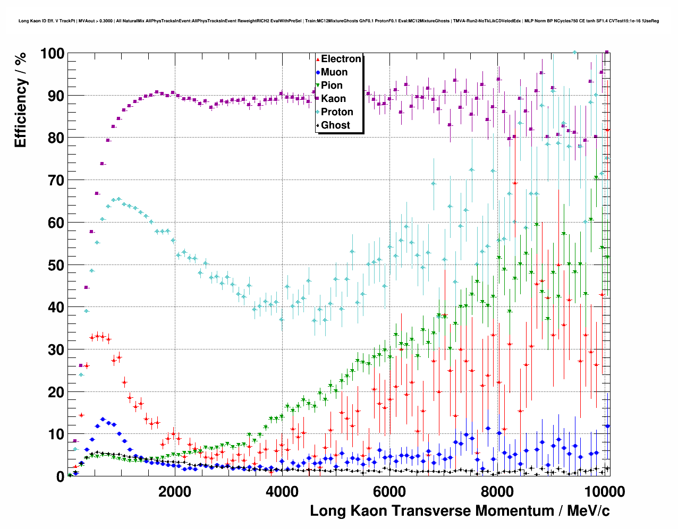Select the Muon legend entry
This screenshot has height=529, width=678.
tap(334, 72)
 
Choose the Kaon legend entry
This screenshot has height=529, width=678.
tap(333, 99)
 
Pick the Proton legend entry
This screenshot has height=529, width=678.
tap(337, 112)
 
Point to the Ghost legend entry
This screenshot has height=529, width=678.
tap(335, 125)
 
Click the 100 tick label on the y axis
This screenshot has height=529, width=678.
tap(52, 54)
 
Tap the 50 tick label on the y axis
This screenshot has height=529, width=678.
tap(56, 265)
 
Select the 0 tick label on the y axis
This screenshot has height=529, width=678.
tap(60, 477)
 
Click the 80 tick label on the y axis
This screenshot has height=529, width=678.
tap(56, 138)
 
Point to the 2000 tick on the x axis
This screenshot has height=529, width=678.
tap(175, 491)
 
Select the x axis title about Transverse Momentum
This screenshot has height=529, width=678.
tap(460, 511)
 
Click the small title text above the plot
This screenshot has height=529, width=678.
tap(338, 21)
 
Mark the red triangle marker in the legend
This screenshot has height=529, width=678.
tap(318, 59)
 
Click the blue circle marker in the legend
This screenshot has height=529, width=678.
tap(318, 72)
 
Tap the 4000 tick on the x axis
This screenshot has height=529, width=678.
tap(282, 491)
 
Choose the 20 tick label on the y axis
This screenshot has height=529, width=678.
tap(56, 392)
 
